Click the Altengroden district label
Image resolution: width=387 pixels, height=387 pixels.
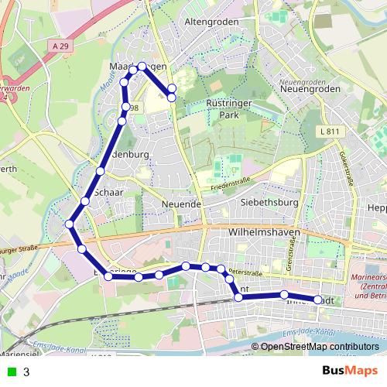(202, 23)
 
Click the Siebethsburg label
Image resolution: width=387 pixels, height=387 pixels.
(270, 203)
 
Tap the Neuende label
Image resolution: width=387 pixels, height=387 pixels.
(183, 204)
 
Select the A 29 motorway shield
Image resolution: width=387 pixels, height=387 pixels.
(64, 47)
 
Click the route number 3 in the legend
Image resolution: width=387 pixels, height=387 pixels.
(26, 372)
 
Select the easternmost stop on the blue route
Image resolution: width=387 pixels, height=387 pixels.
(318, 299)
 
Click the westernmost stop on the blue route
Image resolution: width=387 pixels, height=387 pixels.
(70, 224)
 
